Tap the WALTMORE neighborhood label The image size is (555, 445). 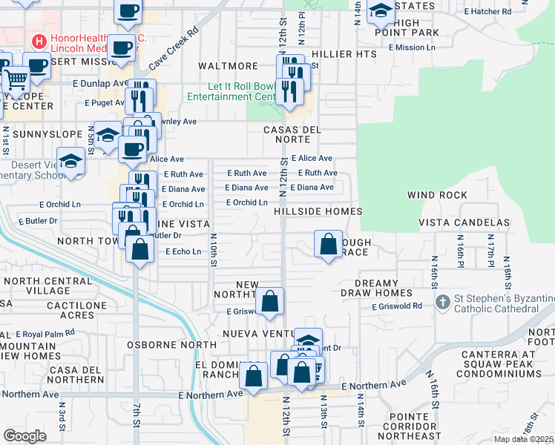[x=228, y=66]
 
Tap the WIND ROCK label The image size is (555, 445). [x=437, y=196]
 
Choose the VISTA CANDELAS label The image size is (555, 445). [x=464, y=222]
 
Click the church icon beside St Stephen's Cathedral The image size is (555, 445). [x=443, y=301]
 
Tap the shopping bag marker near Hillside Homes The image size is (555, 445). [x=328, y=243]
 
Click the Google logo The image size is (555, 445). [x=24, y=435]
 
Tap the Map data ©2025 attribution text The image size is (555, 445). [x=523, y=439]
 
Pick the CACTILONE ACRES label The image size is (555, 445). [x=70, y=310]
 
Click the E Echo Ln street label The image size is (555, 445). [x=183, y=252]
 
